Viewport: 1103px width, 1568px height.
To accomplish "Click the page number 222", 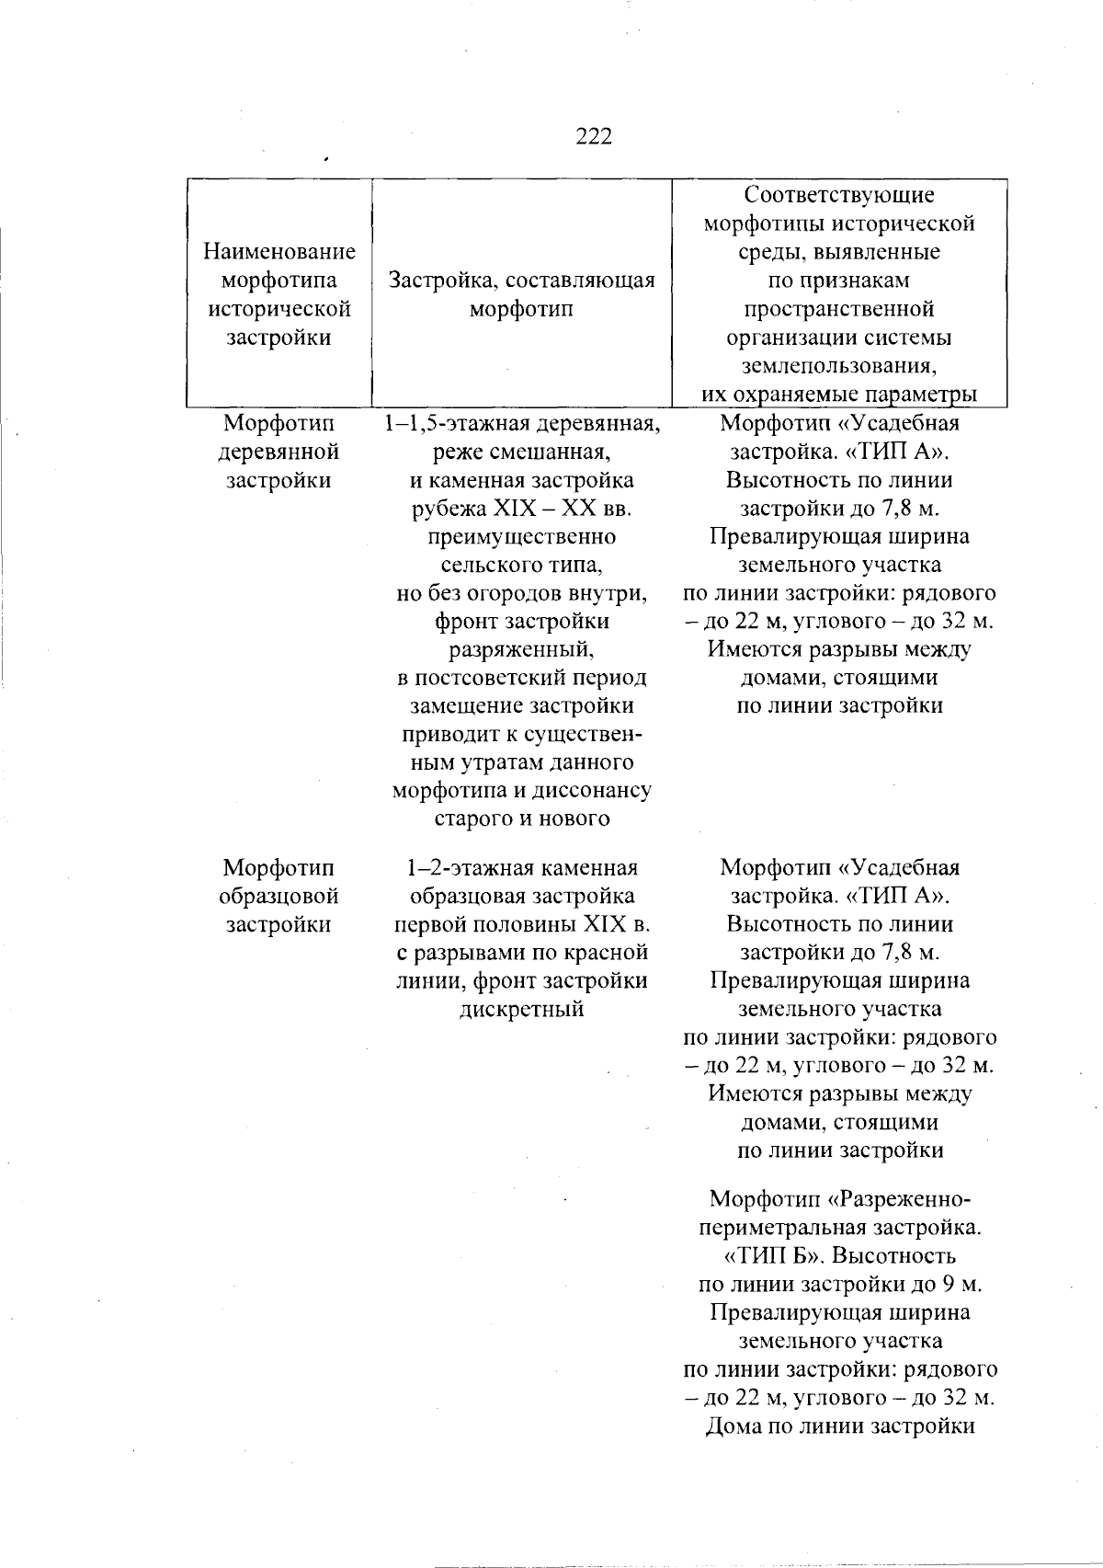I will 593,137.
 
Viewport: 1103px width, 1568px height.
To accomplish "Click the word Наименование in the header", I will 279,251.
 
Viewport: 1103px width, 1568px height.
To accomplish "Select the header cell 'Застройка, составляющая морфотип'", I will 521,294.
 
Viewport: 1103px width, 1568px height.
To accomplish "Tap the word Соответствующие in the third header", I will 839,195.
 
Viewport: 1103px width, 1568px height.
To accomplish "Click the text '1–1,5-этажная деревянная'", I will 521,424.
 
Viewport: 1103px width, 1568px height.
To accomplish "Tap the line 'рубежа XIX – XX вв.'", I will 521,509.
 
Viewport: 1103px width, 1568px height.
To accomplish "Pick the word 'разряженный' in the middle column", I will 521,650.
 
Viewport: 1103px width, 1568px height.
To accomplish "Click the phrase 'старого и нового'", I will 521,818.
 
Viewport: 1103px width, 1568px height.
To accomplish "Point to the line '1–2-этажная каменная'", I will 521,868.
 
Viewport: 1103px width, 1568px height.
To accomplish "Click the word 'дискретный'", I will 521,1009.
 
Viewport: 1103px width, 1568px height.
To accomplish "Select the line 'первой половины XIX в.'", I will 521,924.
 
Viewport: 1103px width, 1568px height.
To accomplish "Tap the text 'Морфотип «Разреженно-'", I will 839,1199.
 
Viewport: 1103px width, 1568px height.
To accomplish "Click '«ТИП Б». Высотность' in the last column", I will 839,1256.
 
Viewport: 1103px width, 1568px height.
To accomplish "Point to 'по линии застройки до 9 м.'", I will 839,1284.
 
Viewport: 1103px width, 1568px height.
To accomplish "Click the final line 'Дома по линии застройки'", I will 839,1453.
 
